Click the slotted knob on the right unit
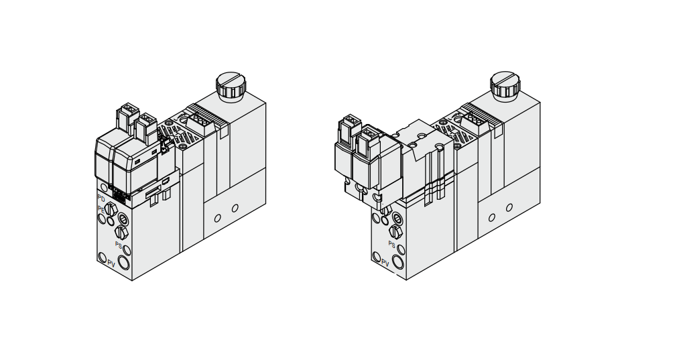[505, 84]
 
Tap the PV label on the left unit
[111, 263]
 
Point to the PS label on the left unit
[119, 245]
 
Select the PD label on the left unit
[101, 198]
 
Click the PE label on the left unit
[101, 208]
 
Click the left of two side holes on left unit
[217, 218]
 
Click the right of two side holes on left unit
[235, 208]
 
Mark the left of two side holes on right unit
[491, 218]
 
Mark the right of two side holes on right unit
[509, 208]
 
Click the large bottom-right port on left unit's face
[125, 261]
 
